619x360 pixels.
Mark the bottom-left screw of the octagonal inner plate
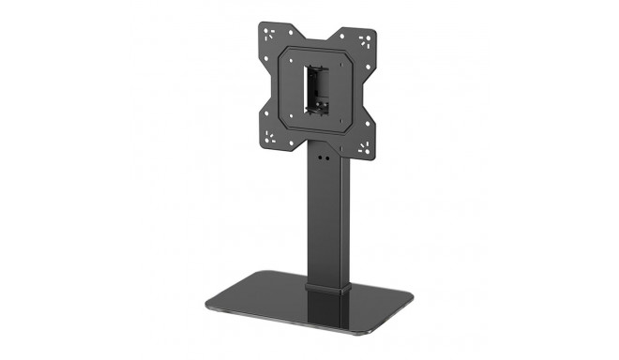tap(292, 121)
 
